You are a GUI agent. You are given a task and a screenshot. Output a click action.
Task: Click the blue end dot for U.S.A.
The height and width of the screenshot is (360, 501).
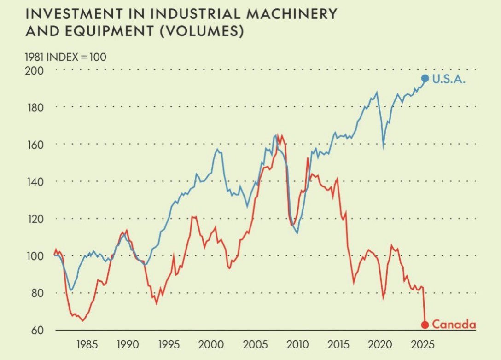click(x=425, y=79)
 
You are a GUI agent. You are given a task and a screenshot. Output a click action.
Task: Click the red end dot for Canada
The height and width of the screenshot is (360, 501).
click(x=425, y=325)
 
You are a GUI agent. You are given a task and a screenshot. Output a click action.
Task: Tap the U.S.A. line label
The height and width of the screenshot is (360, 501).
click(x=449, y=79)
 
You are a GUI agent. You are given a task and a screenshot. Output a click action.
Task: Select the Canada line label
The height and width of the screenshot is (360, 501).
click(x=454, y=325)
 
